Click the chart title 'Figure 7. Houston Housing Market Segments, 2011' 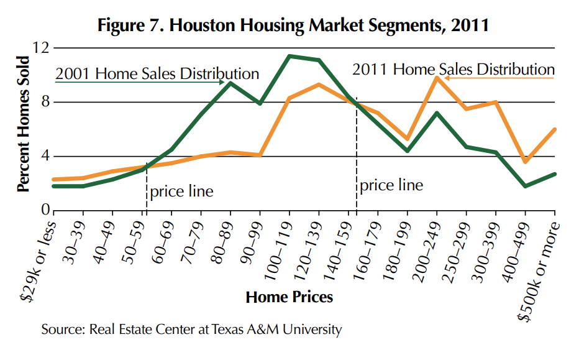[x=293, y=26]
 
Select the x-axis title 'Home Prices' [x=289, y=297]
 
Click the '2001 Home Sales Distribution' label [x=157, y=74]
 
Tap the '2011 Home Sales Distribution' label [x=454, y=70]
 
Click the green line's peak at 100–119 [x=289, y=56]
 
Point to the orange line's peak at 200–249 [x=437, y=78]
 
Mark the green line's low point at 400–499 [x=525, y=186]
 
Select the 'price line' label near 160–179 [x=391, y=185]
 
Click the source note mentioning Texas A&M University [x=191, y=329]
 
